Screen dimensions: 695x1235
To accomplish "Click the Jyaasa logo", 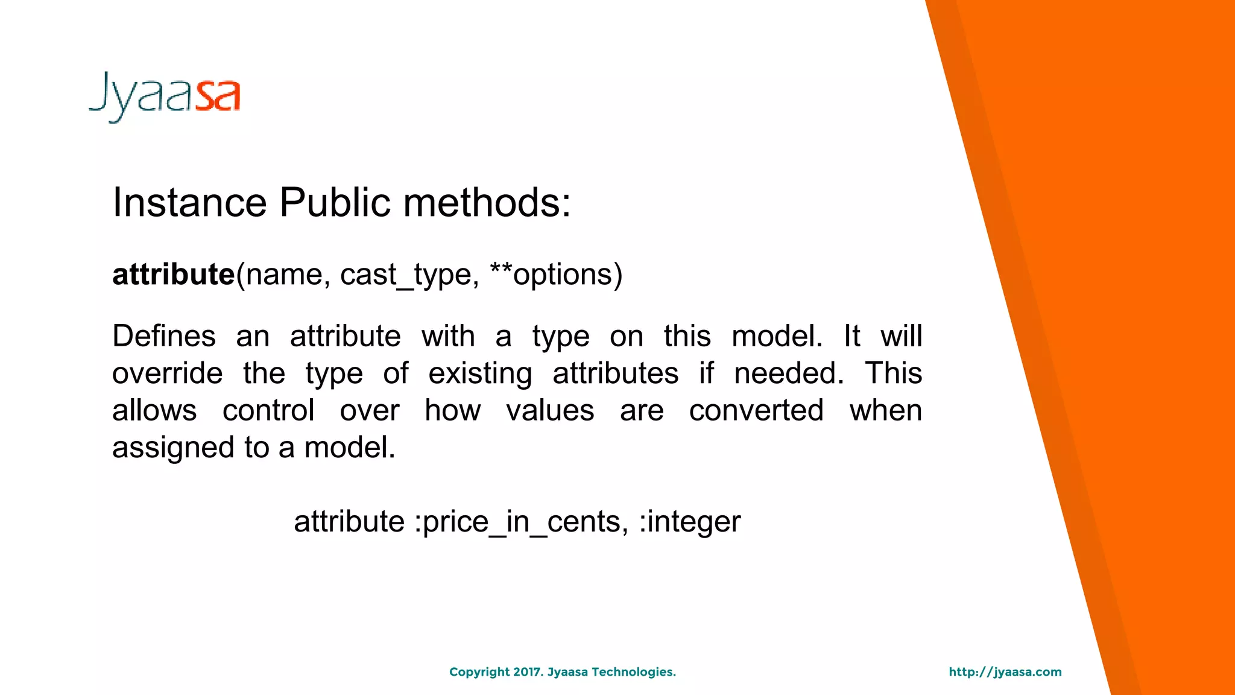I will (165, 97).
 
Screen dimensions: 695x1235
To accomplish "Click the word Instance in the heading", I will (189, 202).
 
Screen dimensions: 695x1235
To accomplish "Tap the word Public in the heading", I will (335, 202).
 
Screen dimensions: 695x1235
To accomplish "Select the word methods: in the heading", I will (487, 202).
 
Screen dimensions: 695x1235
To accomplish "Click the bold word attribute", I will (174, 275).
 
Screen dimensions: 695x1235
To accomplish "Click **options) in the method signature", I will (556, 275).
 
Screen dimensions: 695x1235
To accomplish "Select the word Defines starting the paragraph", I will (164, 336).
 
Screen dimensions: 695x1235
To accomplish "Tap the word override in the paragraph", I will (168, 373).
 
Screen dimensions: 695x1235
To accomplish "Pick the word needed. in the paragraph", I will (789, 373).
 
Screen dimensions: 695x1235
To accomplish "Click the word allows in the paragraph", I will (154, 411).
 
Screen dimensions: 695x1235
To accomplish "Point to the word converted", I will (756, 411).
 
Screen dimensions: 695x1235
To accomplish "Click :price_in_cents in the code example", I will (521, 522).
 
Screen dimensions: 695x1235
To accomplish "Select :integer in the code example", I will (689, 522).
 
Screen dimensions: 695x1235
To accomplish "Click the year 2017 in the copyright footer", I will (528, 672).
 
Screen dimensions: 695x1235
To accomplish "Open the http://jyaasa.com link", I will (1005, 672).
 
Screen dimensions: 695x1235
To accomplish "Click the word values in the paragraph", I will (550, 411).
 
